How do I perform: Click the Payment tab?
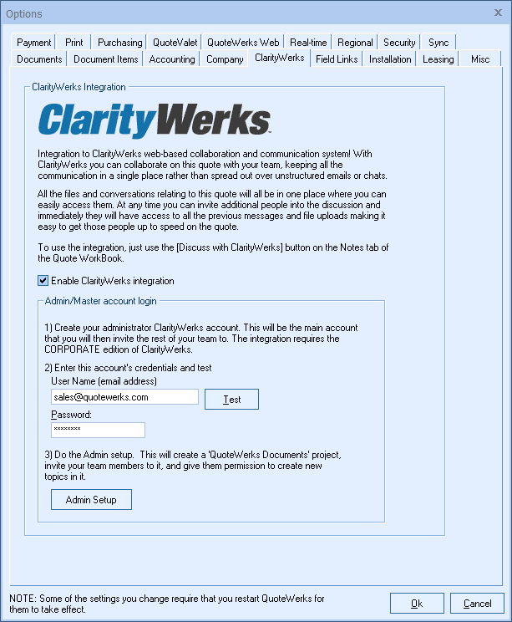click(x=34, y=43)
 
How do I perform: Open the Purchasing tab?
click(x=119, y=43)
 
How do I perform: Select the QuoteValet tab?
click(x=173, y=43)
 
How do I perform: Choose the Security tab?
click(x=399, y=43)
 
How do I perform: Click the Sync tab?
click(x=438, y=43)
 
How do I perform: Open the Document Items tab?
click(x=106, y=59)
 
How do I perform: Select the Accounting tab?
click(x=172, y=59)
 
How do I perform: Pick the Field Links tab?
click(x=337, y=59)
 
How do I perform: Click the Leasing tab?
click(x=438, y=59)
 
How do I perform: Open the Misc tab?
click(x=480, y=59)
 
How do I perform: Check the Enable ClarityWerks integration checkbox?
click(x=43, y=281)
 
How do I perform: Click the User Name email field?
click(x=124, y=397)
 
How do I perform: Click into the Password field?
click(x=98, y=430)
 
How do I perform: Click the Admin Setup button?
click(x=91, y=500)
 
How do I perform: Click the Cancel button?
click(x=477, y=604)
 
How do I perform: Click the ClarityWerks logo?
click(x=155, y=120)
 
